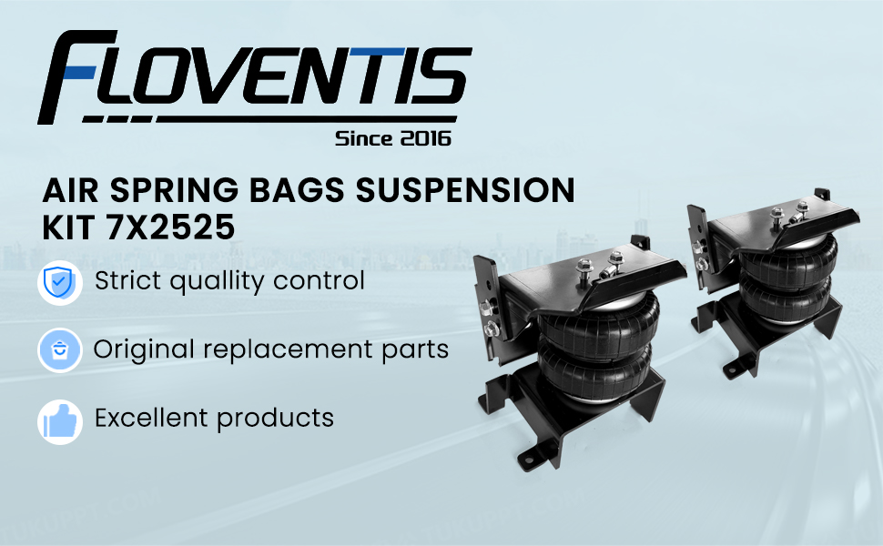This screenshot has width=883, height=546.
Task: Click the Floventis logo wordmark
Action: pos(255,76)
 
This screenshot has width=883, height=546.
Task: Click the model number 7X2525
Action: pos(170,227)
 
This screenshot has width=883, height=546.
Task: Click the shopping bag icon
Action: pos(60,350)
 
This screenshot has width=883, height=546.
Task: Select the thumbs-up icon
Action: pos(60,422)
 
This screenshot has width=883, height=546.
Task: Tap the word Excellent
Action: pos(151,418)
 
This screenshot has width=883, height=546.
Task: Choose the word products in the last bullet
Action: pos(276,419)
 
